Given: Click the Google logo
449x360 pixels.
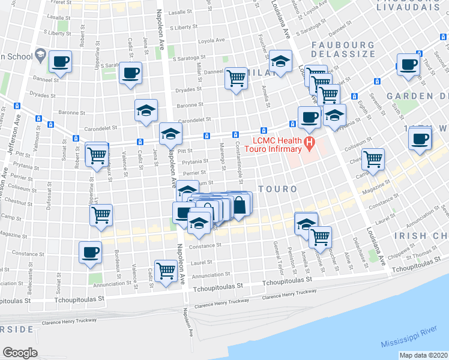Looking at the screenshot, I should coord(20,352).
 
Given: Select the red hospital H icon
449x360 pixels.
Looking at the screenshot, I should coord(310,143).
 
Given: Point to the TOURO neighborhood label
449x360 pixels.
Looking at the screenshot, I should coord(278,189).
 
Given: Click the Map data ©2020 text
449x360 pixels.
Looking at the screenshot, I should coord(423,355).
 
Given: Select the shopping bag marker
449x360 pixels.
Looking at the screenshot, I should coord(240,205).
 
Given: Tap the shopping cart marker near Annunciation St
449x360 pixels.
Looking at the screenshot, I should coord(165,270).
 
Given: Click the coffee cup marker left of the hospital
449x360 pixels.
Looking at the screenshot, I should coord(309,117).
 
